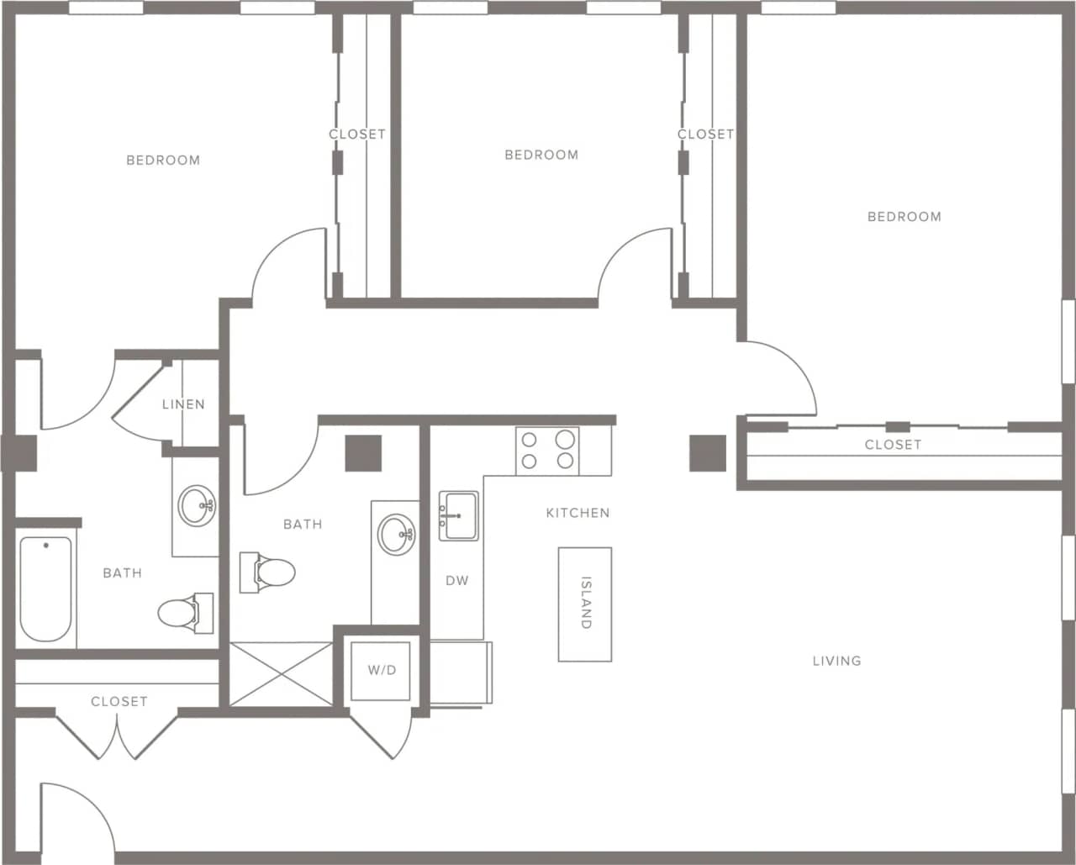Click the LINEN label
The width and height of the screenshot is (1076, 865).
click(x=183, y=404)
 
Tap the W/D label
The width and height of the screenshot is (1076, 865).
click(x=382, y=670)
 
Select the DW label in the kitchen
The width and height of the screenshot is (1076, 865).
click(x=456, y=581)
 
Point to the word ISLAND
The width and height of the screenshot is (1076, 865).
click(x=586, y=603)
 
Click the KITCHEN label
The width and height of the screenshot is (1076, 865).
click(x=578, y=513)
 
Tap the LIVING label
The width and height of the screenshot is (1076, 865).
click(x=836, y=661)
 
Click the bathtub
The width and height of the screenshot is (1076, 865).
click(x=45, y=588)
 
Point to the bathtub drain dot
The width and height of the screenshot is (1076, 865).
click(x=45, y=546)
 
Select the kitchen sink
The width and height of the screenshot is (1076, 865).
click(x=458, y=515)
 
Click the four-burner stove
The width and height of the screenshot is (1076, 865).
click(x=547, y=450)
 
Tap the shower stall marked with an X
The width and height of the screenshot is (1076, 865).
click(x=282, y=673)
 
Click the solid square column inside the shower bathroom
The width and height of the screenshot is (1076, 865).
click(x=363, y=453)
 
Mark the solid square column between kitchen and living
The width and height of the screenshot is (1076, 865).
click(x=708, y=453)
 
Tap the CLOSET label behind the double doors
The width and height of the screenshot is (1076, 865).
click(x=119, y=701)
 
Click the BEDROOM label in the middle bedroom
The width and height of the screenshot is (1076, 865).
click(x=541, y=155)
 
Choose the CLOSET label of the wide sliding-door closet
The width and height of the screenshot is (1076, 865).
click(x=893, y=445)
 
